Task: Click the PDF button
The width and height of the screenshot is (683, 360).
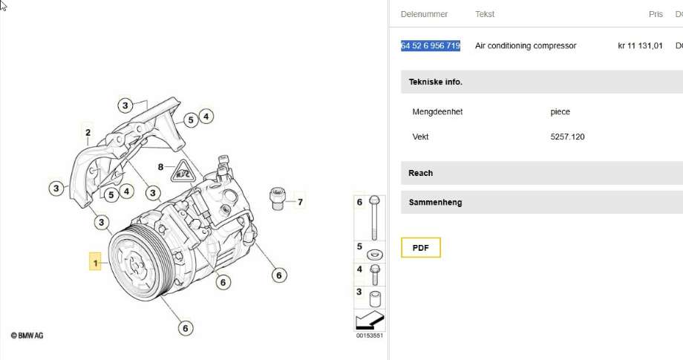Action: pos(420,248)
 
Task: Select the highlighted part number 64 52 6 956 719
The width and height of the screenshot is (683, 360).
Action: pos(431,46)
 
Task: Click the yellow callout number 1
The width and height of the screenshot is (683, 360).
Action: pos(95,263)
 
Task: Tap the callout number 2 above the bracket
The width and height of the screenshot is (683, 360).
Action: pos(88,132)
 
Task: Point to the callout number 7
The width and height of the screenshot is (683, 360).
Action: pos(300,202)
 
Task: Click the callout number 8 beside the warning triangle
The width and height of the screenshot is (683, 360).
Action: pos(161,167)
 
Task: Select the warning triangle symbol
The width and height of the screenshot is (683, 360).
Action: pos(182,171)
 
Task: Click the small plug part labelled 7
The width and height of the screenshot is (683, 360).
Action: pos(277,198)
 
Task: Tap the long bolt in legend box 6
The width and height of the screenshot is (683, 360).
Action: pos(374,217)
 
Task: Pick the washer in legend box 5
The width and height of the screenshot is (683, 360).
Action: pos(375,254)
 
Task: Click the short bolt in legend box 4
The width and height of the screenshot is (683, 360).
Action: pos(375,275)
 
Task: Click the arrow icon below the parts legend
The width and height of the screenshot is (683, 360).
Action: pos(370,321)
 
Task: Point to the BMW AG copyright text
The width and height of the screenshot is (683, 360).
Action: pos(27,336)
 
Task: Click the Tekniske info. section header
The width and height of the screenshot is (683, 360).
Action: pos(436,82)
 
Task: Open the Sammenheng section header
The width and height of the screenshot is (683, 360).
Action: pos(435,203)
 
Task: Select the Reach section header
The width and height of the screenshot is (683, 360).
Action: pos(420,173)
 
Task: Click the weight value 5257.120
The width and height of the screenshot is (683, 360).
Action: pos(567,137)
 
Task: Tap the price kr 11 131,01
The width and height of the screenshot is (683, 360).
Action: pos(640,46)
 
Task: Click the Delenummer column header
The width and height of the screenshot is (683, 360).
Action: pos(424,14)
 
